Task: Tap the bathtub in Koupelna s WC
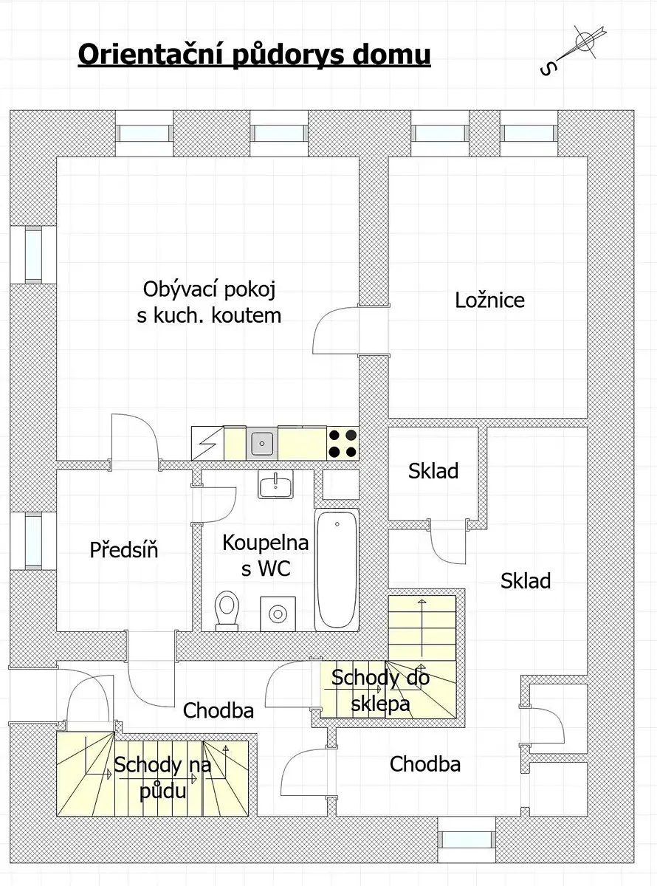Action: (x=337, y=570)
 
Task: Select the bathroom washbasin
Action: (x=275, y=484)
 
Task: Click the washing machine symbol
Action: (x=278, y=614)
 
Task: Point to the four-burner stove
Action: (x=343, y=443)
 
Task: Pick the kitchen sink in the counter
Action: (x=262, y=444)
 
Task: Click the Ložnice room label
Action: (x=489, y=301)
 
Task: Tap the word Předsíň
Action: (x=124, y=549)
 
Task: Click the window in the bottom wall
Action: (x=467, y=839)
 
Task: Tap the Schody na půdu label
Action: (x=162, y=777)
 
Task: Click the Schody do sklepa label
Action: (x=380, y=690)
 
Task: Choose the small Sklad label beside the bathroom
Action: (x=433, y=470)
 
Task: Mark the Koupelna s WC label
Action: (x=266, y=555)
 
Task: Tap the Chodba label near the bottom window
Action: (x=425, y=763)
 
